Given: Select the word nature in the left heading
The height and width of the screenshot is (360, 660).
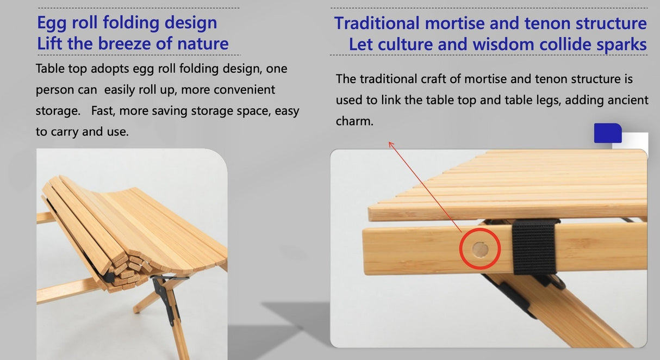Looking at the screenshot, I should (x=201, y=44).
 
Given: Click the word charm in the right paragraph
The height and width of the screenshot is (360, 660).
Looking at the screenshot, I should (x=354, y=121).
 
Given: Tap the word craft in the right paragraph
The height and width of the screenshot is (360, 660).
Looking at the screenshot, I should (x=433, y=79).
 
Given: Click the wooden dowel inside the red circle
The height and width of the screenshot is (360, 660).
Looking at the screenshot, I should (x=480, y=250).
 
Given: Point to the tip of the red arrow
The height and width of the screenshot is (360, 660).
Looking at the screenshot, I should (x=390, y=142).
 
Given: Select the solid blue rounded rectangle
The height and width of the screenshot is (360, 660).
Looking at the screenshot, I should (x=607, y=133).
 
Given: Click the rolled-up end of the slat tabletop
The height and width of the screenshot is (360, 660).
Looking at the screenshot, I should (x=125, y=266).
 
